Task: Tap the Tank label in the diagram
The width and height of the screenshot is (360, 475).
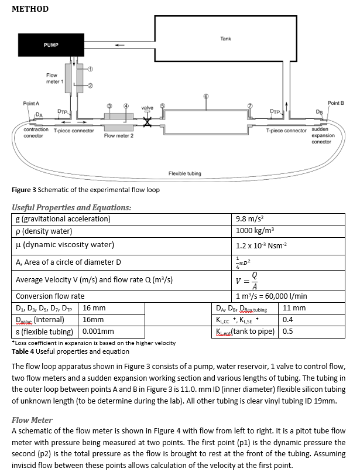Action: point(225,39)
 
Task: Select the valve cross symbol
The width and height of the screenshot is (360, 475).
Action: point(148,122)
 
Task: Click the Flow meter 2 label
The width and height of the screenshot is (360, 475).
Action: point(119,135)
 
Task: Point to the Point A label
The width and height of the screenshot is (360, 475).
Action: point(31,103)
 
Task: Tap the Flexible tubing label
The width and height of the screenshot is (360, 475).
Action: point(184,173)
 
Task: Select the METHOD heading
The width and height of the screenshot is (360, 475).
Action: point(30,9)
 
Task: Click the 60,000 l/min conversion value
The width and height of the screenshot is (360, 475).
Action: point(287,296)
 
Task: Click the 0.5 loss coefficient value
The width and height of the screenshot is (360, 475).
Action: point(287,331)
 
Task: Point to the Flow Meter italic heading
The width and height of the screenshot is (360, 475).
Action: point(32,419)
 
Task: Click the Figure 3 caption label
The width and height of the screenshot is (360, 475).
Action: point(23,190)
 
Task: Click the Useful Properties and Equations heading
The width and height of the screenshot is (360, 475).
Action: point(71,207)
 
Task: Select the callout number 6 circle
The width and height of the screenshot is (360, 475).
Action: point(205,96)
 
